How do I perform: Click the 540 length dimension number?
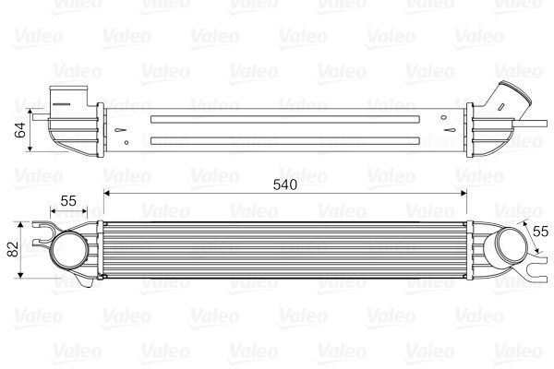[284, 184]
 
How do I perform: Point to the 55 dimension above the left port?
[68, 200]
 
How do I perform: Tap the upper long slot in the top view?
[286, 119]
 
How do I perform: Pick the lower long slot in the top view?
[286, 140]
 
